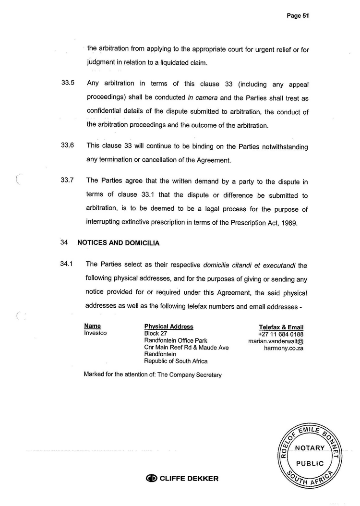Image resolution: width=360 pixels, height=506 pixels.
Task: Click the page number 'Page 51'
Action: pos(297,15)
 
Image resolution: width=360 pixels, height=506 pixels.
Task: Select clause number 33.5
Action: pos(68,83)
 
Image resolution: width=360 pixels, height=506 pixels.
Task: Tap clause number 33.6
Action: pos(68,145)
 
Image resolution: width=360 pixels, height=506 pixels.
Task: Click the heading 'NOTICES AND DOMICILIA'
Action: pos(118,243)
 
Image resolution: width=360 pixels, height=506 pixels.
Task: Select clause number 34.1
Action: pos(67,264)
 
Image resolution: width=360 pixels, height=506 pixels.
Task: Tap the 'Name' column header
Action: pos(92,326)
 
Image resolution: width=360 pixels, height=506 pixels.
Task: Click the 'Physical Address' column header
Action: pos(168,326)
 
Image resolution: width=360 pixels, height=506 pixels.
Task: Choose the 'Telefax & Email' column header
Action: pos(281,327)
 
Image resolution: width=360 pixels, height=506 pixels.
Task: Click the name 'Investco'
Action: pos(95,333)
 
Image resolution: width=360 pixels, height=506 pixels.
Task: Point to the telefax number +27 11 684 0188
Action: pos(280,334)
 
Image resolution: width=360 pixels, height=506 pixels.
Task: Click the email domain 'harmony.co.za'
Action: pos(283,348)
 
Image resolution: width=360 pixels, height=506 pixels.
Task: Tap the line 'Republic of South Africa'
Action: pos(176,361)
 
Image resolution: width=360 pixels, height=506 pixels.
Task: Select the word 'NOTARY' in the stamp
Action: pos(310,448)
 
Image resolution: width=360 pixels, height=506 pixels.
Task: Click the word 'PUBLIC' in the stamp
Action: pos(310,463)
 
